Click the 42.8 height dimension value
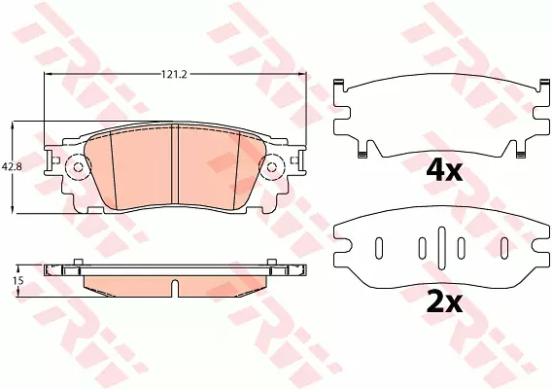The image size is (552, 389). tap(12, 166)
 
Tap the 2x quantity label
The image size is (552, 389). tap(443, 302)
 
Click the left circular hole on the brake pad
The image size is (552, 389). tap(79, 167)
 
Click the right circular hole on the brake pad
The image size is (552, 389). tap(272, 167)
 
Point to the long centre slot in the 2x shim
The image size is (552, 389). tap(442, 248)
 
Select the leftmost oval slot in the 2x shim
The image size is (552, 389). tap(379, 248)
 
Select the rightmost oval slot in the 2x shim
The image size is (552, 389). tap(504, 248)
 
